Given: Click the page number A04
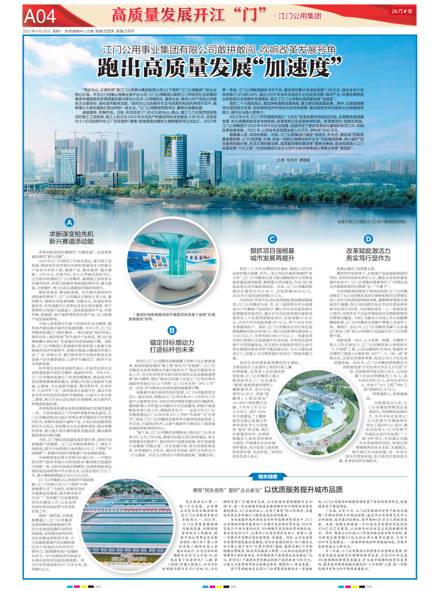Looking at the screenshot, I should tap(40, 16).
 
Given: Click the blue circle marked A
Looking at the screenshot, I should tap(69, 223).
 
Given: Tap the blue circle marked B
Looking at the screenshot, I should tap(172, 330).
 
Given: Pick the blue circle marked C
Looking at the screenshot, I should tap(272, 239).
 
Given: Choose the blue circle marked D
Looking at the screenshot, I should tap(368, 239).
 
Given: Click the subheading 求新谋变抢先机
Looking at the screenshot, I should tap(71, 234).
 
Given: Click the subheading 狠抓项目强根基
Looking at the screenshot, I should tap(272, 250).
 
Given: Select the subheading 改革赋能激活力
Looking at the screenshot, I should tap(368, 251).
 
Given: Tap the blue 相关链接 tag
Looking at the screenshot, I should tap(267, 476).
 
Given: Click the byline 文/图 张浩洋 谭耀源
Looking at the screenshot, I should tap(293, 160).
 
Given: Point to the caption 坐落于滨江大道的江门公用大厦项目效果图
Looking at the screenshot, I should tap(372, 222).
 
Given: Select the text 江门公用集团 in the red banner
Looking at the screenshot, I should tap(299, 16).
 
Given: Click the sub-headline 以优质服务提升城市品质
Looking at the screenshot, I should tap(303, 489).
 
